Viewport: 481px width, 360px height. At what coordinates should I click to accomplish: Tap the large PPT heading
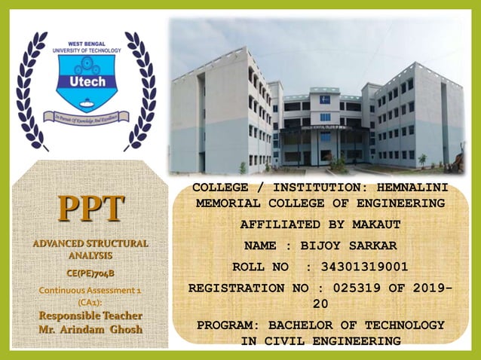click(90, 209)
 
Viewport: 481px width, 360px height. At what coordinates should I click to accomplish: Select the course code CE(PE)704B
click(90, 273)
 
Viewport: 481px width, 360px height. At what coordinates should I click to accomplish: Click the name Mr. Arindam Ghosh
click(90, 329)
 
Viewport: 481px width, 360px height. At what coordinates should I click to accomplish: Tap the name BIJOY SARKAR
click(348, 246)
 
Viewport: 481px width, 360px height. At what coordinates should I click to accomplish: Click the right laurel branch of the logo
click(140, 90)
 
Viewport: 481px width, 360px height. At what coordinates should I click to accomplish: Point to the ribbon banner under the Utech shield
click(86, 116)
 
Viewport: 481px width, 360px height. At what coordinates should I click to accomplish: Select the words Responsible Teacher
click(90, 316)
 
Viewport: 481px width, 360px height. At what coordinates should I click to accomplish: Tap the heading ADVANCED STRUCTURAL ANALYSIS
click(90, 249)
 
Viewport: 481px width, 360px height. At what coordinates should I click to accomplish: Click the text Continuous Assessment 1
click(90, 289)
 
